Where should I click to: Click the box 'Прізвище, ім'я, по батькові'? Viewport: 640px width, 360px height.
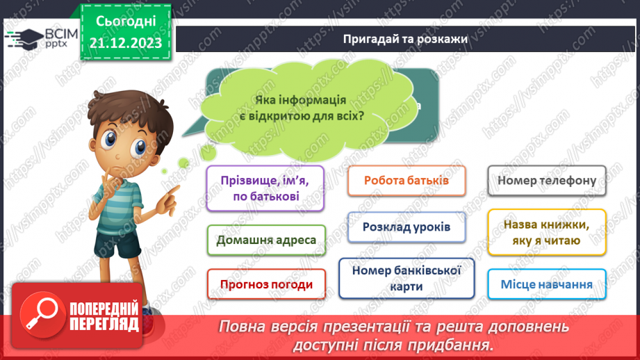(x=265, y=188)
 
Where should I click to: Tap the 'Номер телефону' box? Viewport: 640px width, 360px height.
(x=547, y=181)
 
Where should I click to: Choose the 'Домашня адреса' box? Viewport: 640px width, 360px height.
(x=266, y=240)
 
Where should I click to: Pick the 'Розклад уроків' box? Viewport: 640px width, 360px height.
(x=407, y=227)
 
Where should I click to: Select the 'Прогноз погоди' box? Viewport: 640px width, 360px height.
(x=266, y=284)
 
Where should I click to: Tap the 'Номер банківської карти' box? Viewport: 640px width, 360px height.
(x=407, y=278)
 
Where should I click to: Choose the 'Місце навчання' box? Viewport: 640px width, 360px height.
(x=546, y=284)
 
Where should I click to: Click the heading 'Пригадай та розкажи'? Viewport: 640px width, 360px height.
(x=405, y=40)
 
